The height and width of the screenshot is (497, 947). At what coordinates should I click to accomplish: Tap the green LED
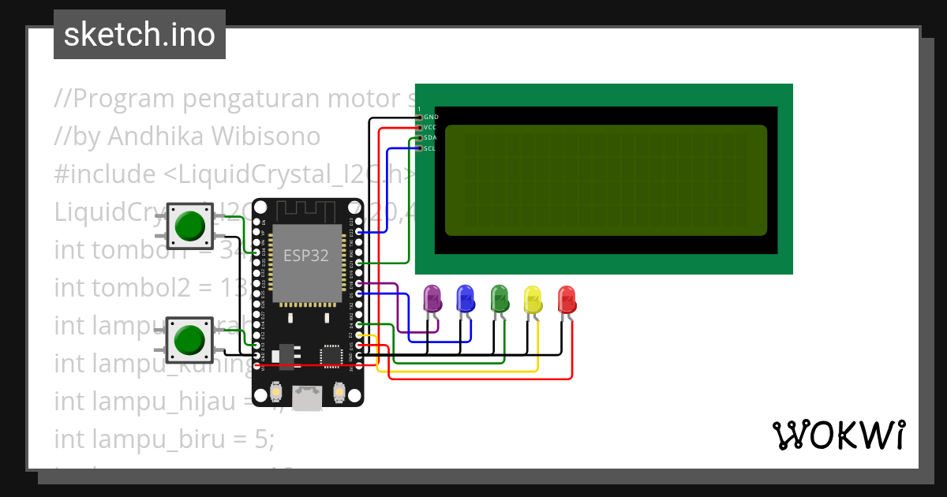(x=500, y=298)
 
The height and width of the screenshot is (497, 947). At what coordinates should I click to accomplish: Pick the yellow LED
(x=533, y=299)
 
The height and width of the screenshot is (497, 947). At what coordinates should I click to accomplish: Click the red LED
(x=567, y=299)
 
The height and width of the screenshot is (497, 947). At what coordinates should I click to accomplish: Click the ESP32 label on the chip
(x=306, y=256)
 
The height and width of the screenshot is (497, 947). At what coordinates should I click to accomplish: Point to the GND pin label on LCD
(x=431, y=117)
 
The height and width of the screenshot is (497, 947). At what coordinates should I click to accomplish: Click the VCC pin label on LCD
(x=430, y=127)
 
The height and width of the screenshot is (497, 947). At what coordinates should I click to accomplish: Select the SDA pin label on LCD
(x=430, y=137)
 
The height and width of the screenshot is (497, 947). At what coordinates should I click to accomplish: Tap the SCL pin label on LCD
(x=430, y=148)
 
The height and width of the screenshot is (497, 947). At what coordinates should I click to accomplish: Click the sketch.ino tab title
(x=140, y=35)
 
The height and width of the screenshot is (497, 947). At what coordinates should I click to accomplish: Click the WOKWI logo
(x=838, y=435)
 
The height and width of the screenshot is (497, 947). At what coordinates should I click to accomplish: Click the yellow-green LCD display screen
(x=606, y=181)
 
